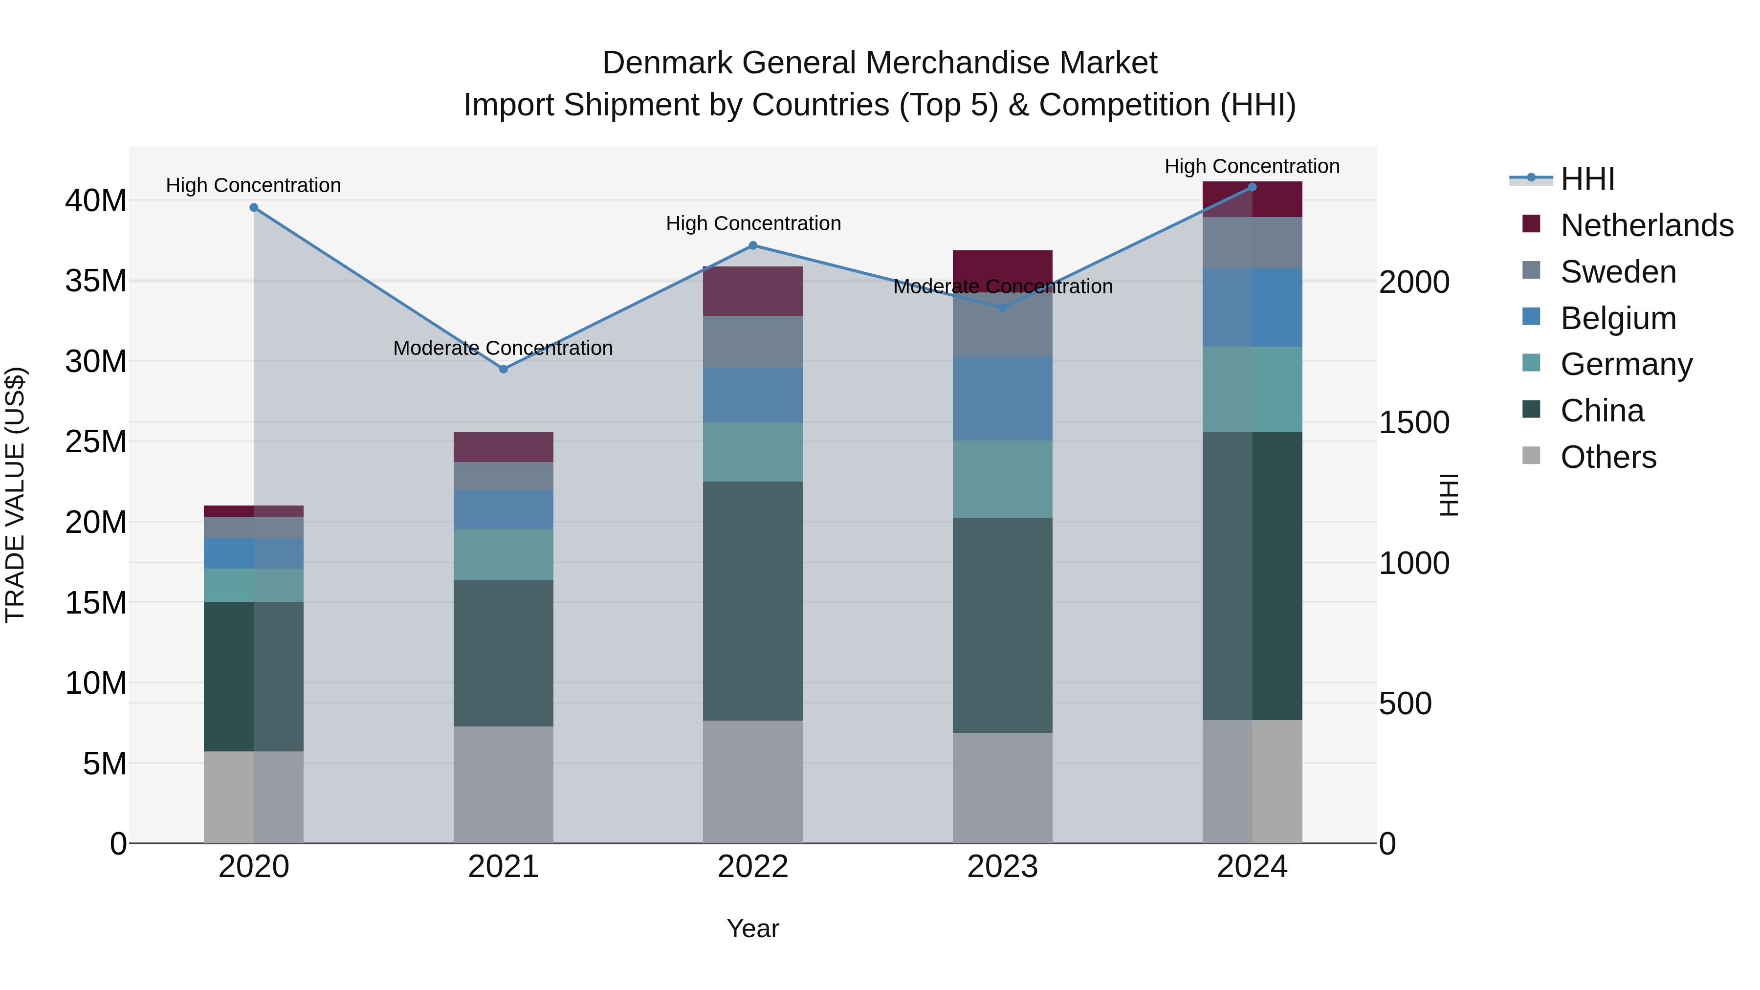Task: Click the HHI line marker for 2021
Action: pos(504,369)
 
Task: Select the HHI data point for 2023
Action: pos(1002,308)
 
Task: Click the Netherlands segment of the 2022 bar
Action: pos(753,291)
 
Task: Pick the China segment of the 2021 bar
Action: pos(504,653)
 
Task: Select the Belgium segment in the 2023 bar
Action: pos(1002,398)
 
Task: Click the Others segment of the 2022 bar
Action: pos(753,782)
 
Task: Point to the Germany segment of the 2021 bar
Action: pos(504,555)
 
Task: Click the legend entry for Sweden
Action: pos(1618,272)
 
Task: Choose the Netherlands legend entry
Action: pos(1647,225)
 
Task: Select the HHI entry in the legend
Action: pos(1587,179)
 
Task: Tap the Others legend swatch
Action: pos(1531,456)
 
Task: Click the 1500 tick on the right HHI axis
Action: pos(1413,423)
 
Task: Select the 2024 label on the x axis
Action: pos(1252,867)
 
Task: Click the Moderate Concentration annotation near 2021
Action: pos(503,348)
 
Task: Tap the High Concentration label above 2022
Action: pos(753,223)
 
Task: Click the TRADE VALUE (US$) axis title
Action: pos(15,495)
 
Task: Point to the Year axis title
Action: pos(752,928)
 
